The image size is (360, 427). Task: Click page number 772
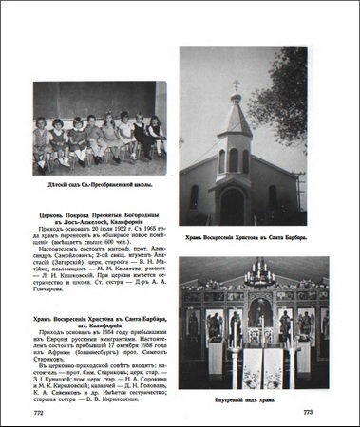39,414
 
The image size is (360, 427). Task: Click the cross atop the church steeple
236,86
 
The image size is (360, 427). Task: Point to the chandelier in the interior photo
257,274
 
